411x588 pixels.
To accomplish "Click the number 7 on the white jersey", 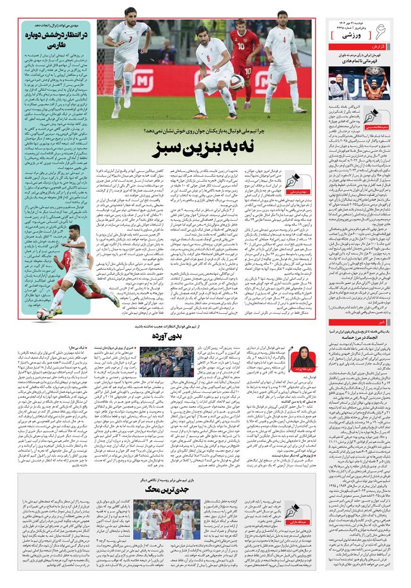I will (131, 39).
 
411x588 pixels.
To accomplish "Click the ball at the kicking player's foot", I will (43, 313).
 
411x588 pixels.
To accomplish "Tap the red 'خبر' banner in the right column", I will (360, 322).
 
